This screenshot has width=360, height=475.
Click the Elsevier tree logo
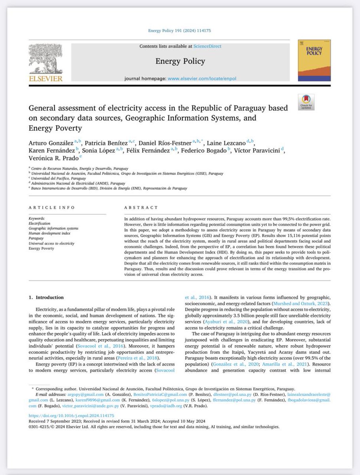(45, 58)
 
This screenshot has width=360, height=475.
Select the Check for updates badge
(306, 102)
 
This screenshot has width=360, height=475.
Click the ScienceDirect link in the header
(207, 46)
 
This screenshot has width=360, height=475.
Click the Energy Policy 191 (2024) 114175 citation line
(180, 30)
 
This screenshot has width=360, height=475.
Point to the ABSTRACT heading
(141, 207)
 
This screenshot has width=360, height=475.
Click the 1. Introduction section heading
(49, 297)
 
